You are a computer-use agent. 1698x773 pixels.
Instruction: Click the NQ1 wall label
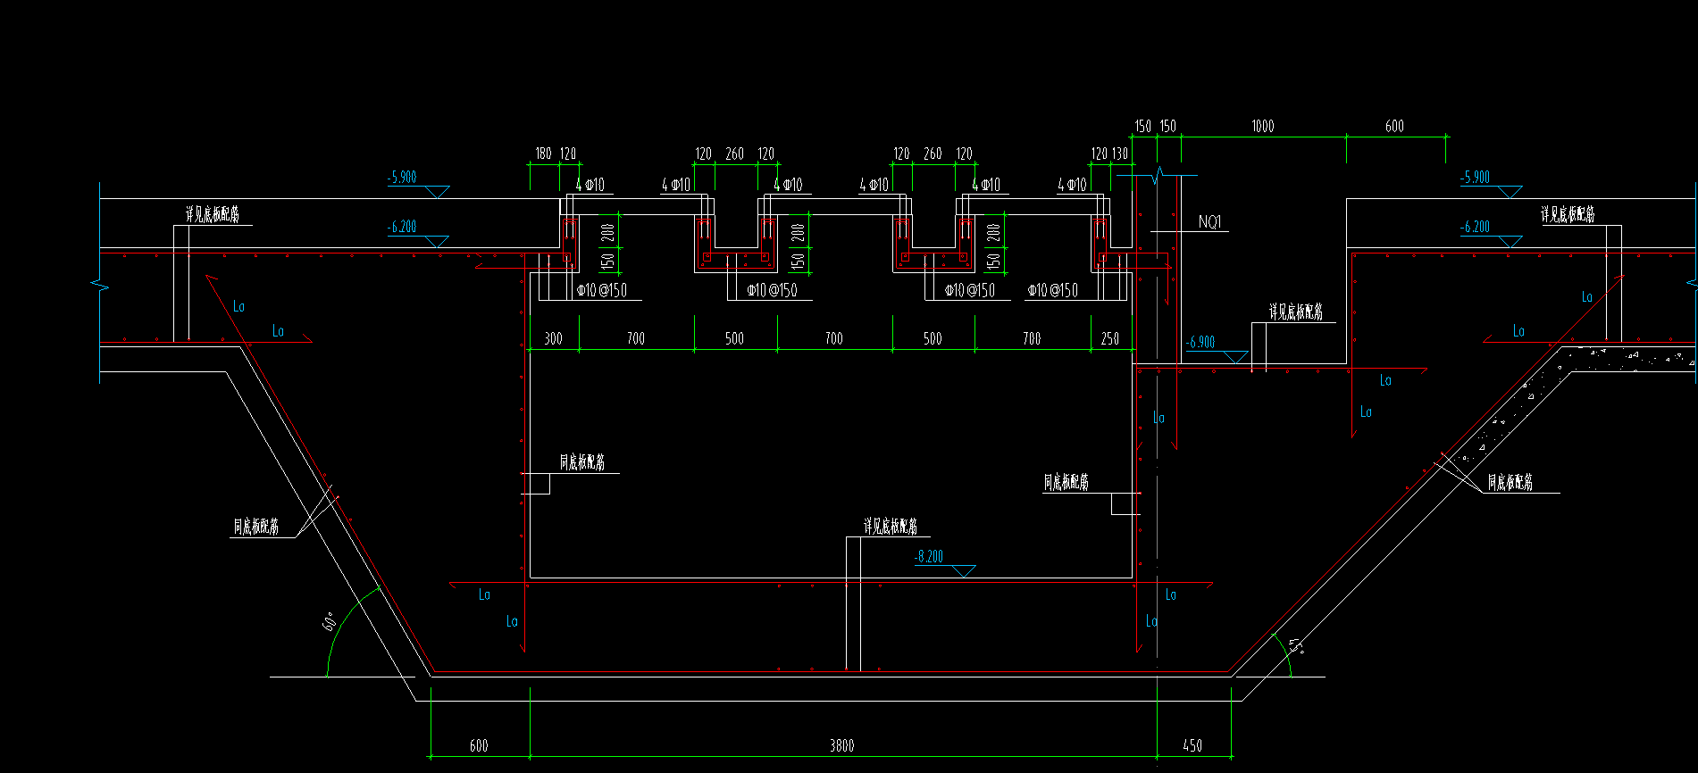coord(1209,222)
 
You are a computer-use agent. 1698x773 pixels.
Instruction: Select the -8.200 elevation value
coord(929,556)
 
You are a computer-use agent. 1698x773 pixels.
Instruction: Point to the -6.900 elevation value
coord(1200,342)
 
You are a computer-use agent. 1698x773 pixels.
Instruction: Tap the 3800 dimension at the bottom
coord(841,745)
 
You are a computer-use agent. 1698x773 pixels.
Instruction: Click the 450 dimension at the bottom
coord(1192,745)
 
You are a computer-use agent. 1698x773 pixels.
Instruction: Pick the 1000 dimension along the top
coord(1262,127)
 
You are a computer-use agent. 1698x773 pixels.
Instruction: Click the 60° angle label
coord(330,621)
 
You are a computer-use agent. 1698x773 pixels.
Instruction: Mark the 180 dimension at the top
coord(543,154)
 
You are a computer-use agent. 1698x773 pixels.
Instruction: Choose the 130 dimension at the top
coord(1120,154)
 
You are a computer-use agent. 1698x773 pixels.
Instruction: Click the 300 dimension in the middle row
coord(553,338)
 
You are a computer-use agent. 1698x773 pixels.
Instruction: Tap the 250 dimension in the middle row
coord(1109,338)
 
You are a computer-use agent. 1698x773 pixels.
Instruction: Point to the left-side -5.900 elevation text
coord(402,177)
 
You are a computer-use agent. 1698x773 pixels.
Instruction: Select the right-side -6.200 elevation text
coord(1475,227)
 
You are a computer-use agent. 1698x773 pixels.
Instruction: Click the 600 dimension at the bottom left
coord(479,745)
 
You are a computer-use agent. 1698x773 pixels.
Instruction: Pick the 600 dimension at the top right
coord(1394,127)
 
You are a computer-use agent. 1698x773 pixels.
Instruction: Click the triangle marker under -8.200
coord(964,570)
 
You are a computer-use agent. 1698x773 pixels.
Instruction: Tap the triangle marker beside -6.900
coord(1234,357)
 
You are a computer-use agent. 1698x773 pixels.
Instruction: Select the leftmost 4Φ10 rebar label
coord(590,185)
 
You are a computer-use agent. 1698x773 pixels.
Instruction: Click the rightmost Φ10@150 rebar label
coord(1052,290)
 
